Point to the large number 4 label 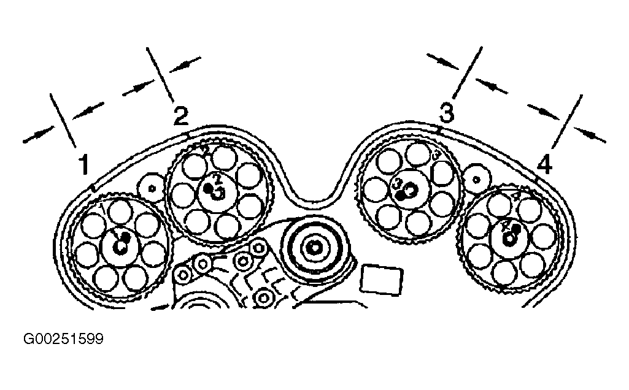coord(545,165)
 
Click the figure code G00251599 coord(63,338)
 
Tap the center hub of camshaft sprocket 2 coord(218,192)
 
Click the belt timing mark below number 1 coord(91,186)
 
